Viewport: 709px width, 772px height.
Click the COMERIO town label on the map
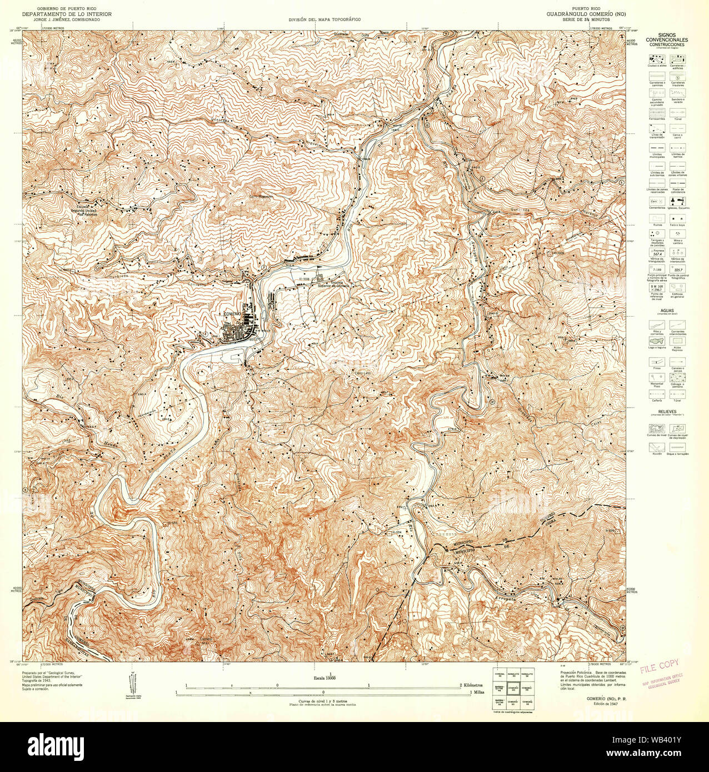(231, 314)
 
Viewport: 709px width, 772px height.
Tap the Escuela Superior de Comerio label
(333, 284)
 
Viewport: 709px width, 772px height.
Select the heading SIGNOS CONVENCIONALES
(666, 37)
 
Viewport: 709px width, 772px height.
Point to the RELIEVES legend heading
(667, 412)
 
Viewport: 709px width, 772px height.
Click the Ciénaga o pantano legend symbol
(677, 377)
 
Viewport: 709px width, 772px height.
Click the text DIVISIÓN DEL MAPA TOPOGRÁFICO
(324, 19)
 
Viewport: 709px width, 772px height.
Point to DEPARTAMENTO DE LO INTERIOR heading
(67, 14)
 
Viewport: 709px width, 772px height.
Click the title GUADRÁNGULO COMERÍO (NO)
(586, 14)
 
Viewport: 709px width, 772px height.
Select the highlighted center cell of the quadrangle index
(513, 689)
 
